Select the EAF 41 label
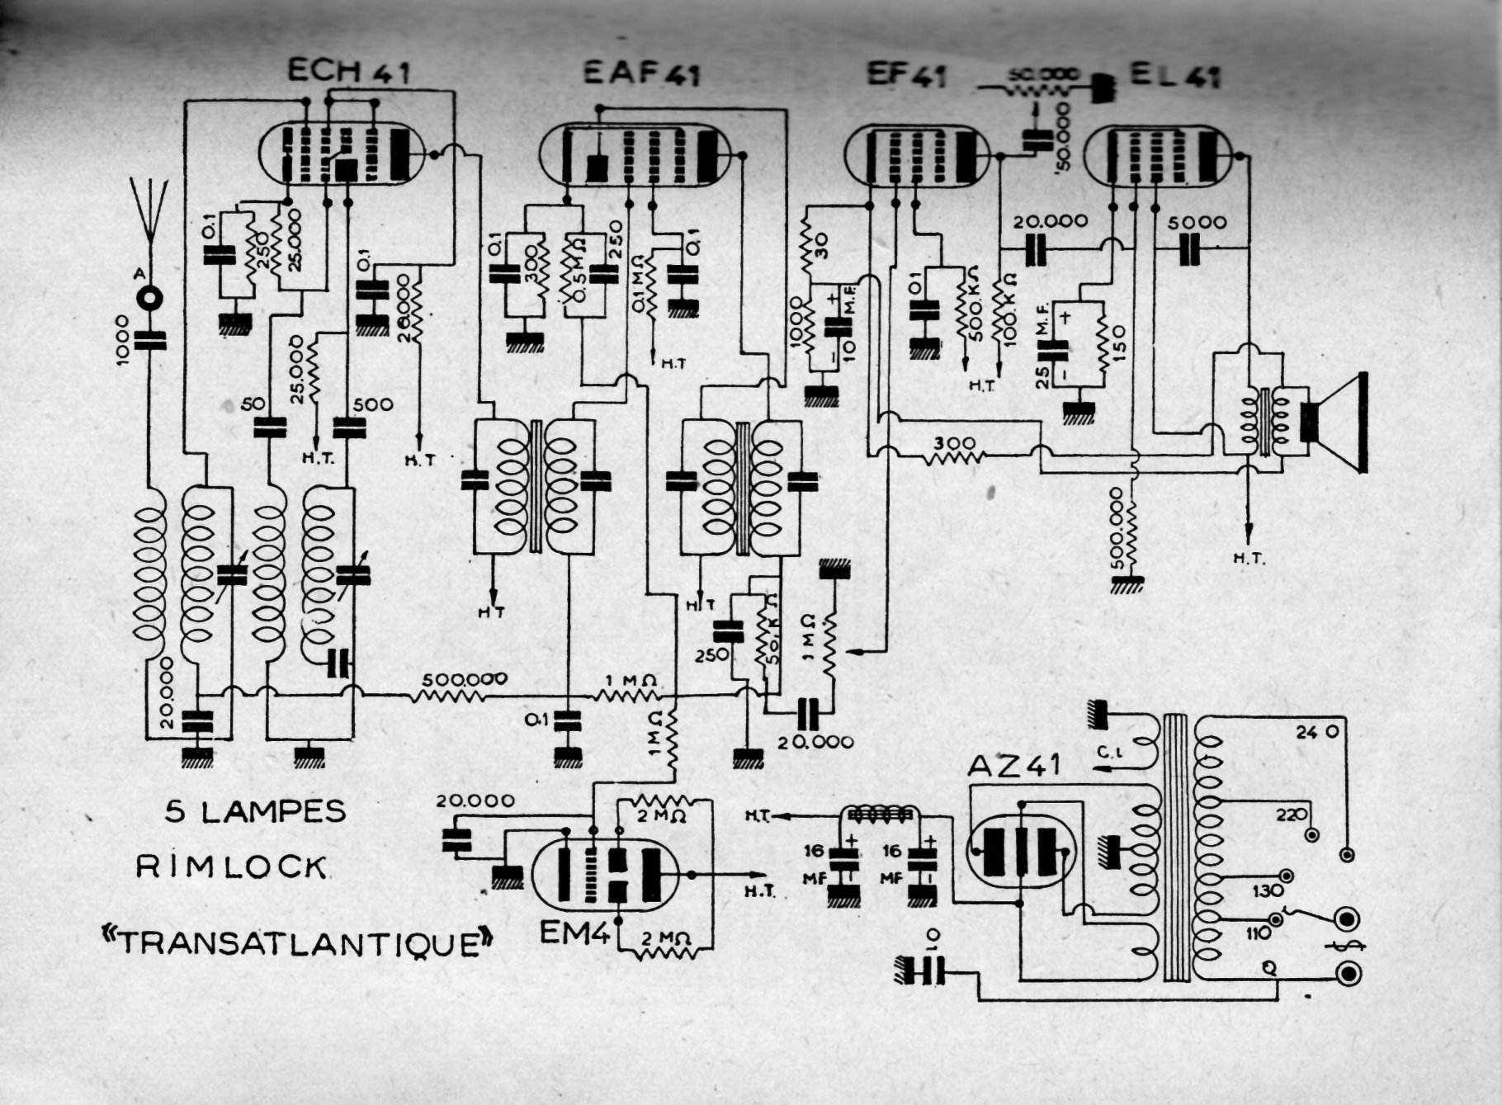642,73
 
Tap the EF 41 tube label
906,75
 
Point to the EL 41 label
1174,76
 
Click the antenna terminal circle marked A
150,298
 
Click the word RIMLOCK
231,867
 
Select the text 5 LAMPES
256,812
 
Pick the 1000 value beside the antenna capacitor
121,340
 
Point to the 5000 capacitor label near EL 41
1197,223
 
